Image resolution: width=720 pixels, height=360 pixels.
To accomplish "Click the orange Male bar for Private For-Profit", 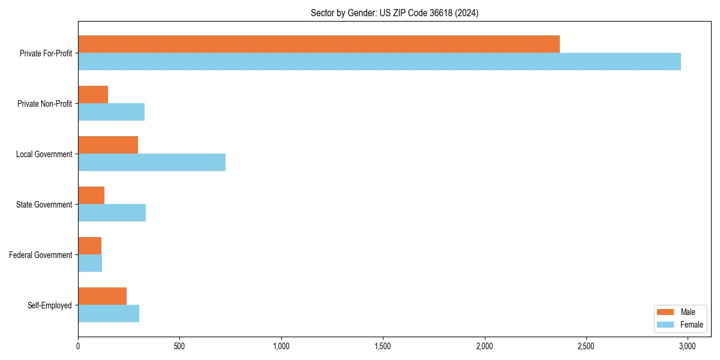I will (319, 44).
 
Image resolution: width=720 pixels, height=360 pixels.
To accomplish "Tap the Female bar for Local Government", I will (152, 163).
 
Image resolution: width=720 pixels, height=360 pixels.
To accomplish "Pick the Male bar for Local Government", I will (108, 145).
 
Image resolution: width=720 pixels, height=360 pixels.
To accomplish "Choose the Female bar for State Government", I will (112, 213).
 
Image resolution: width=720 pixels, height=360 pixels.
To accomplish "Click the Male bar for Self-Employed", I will (102, 296).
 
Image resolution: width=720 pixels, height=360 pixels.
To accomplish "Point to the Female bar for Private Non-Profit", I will (111, 112).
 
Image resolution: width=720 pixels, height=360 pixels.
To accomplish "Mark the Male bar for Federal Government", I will (89, 246).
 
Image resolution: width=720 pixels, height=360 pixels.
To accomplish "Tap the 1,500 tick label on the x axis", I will (382, 346).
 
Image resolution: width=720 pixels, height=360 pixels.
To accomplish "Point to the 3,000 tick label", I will (687, 346).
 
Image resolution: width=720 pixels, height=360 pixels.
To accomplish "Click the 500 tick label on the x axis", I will (179, 346).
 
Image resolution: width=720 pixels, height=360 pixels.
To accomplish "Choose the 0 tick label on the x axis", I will (78, 346).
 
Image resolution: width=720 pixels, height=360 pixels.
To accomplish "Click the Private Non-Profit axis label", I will (44, 104).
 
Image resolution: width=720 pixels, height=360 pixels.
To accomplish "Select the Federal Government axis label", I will (41, 255).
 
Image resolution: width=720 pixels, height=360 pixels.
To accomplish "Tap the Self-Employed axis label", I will (50, 305).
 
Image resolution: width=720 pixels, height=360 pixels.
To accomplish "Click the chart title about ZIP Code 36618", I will (394, 13).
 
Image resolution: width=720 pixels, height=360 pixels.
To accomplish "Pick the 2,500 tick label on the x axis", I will (586, 346).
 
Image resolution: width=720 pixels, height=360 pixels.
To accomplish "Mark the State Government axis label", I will (44, 205).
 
